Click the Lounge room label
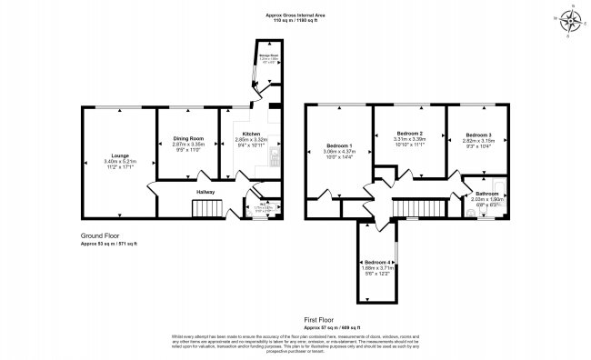click(118, 155)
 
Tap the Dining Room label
click(187, 138)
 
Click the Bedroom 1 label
click(338, 145)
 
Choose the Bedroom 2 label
click(407, 134)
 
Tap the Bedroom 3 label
click(477, 135)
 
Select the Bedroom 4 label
click(382, 262)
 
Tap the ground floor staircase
click(206, 210)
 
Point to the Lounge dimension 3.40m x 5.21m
click(118, 162)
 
